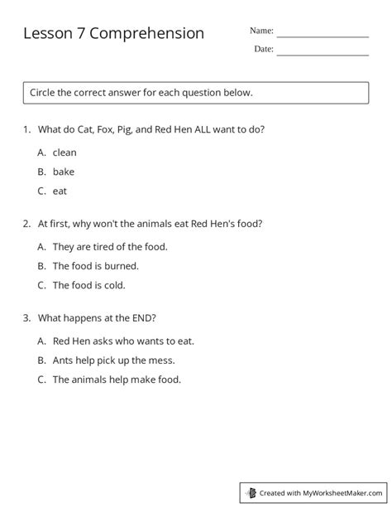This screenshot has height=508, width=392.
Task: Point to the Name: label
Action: tap(261, 31)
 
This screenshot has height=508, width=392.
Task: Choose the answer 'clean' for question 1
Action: tap(65, 152)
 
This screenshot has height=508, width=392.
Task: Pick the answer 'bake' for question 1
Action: tap(64, 172)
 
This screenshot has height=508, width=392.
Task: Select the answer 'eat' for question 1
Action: tap(60, 191)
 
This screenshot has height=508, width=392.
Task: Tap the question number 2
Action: tap(27, 224)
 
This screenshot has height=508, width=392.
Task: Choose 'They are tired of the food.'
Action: tap(110, 246)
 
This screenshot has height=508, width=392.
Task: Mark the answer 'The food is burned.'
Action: tap(96, 266)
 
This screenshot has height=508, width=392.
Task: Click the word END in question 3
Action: tap(142, 317)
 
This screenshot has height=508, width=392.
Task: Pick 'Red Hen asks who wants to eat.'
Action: tap(123, 341)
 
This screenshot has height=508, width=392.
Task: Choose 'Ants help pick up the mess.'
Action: tap(113, 360)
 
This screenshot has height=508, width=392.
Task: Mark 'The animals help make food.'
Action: tap(117, 380)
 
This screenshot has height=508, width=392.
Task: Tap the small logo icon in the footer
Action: tap(251, 492)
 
